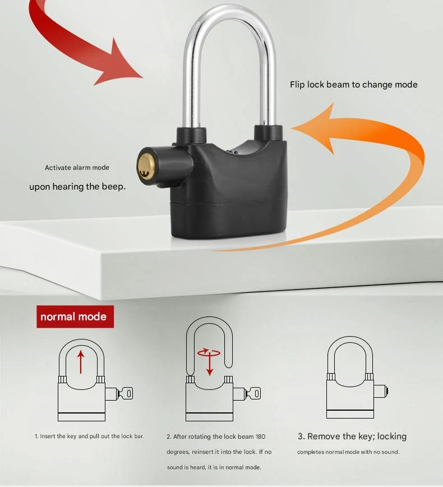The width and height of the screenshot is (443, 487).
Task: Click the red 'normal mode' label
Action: click(x=75, y=316)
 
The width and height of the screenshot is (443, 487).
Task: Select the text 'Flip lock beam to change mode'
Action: click(x=354, y=85)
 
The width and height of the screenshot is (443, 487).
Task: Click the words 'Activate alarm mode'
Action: click(x=77, y=167)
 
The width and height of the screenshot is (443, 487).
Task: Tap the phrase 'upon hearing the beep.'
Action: click(x=77, y=186)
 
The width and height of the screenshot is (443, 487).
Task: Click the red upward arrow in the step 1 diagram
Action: click(x=81, y=362)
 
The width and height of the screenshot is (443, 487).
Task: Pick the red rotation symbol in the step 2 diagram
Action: click(x=209, y=353)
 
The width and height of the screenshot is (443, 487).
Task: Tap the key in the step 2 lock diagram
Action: click(x=253, y=393)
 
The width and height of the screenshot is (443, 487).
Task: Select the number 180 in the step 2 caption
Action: click(x=260, y=437)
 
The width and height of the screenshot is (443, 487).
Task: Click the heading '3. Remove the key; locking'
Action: click(x=352, y=437)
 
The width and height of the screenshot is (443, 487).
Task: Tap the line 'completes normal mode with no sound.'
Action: click(x=348, y=452)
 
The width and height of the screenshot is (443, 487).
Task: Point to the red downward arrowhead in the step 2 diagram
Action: click(x=210, y=372)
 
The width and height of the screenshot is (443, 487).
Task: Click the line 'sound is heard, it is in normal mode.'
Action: click(x=214, y=467)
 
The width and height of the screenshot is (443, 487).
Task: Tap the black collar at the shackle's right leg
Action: click(x=269, y=133)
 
